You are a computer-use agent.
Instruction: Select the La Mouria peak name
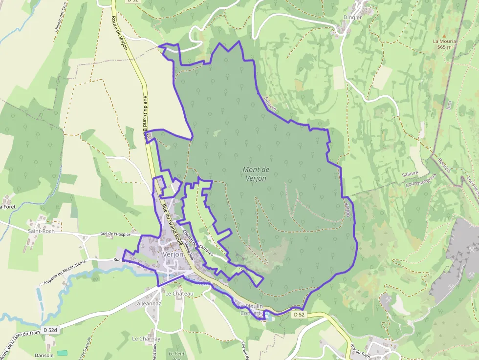point(444,42)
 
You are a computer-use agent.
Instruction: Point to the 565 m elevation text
point(444,47)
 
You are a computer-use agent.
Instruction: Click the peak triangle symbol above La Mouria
point(444,36)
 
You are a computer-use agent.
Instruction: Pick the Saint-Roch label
point(41,231)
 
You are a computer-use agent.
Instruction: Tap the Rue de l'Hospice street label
point(115,234)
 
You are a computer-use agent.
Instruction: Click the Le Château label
point(179,294)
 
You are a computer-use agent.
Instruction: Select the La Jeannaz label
point(148,303)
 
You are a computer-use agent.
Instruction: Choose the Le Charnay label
point(146,339)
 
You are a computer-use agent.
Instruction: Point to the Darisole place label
point(44,355)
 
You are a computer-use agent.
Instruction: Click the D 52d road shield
point(50,331)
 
